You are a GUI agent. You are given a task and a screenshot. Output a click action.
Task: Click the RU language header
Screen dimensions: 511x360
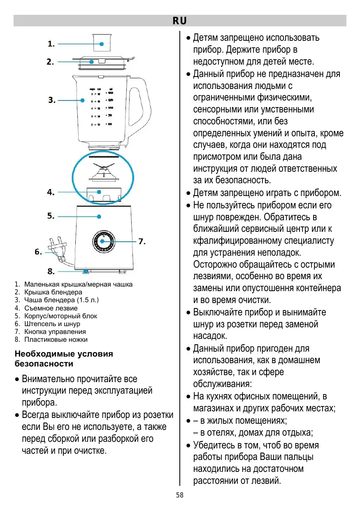tap(179, 21)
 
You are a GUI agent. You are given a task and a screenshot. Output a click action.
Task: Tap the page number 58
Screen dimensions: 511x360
tap(179, 495)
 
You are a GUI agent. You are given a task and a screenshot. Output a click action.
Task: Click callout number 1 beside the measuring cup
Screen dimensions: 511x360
tap(51, 44)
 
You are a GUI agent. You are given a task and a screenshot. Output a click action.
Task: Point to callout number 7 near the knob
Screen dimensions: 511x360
tap(142, 241)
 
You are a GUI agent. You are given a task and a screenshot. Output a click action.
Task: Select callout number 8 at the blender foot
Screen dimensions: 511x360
tap(51, 271)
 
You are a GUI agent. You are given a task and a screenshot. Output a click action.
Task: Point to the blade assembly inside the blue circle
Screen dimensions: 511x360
tap(102, 171)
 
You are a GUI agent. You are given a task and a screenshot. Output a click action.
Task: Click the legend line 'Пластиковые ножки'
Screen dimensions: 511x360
tap(56, 339)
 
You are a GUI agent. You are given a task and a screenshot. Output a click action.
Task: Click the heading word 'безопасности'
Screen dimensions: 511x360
tap(44, 364)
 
